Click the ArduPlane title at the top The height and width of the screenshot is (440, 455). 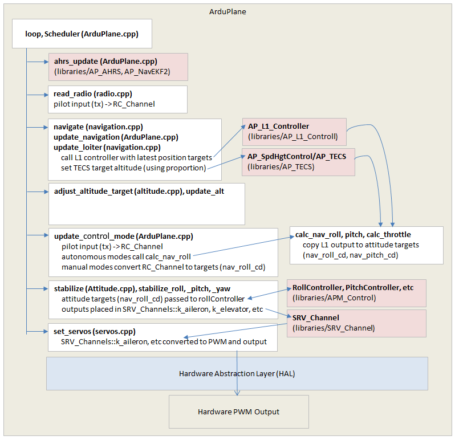227,11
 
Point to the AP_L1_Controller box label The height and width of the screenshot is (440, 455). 278,126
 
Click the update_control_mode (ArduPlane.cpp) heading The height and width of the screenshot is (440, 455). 123,237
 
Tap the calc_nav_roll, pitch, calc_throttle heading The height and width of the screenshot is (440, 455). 352,234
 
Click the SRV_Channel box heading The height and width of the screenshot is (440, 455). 315,317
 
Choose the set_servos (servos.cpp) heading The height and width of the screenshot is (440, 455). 95,331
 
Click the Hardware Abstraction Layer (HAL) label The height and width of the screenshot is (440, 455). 236,374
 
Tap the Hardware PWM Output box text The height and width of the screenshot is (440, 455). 238,412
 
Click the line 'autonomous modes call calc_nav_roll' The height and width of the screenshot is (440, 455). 126,256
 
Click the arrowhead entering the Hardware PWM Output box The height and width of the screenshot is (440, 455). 238,393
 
